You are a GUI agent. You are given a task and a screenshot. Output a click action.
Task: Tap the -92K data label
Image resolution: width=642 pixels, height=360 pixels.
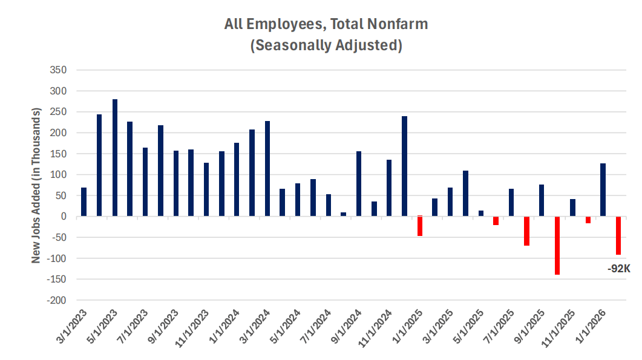point(619,266)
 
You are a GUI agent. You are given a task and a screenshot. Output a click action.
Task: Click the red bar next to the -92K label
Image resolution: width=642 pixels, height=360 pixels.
point(618,235)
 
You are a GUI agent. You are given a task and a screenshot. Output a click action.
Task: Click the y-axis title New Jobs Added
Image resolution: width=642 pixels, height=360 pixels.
point(36,186)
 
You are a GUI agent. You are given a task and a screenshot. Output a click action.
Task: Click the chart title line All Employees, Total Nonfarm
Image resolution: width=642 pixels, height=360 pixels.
point(326,25)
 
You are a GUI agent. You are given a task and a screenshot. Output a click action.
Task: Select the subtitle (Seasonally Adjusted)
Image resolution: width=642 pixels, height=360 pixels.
point(326,45)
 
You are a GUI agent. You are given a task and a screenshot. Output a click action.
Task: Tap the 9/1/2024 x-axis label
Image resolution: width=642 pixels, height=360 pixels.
point(347,330)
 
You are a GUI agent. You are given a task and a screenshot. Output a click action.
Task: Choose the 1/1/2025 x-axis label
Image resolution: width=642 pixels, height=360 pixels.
point(408,330)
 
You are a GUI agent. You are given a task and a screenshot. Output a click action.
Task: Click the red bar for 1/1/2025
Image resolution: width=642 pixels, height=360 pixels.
point(420,226)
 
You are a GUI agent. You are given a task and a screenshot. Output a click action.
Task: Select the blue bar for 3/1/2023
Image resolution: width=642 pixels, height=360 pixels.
point(84,202)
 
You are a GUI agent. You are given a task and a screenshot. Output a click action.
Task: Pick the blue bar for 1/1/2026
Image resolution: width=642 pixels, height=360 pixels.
point(603,190)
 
